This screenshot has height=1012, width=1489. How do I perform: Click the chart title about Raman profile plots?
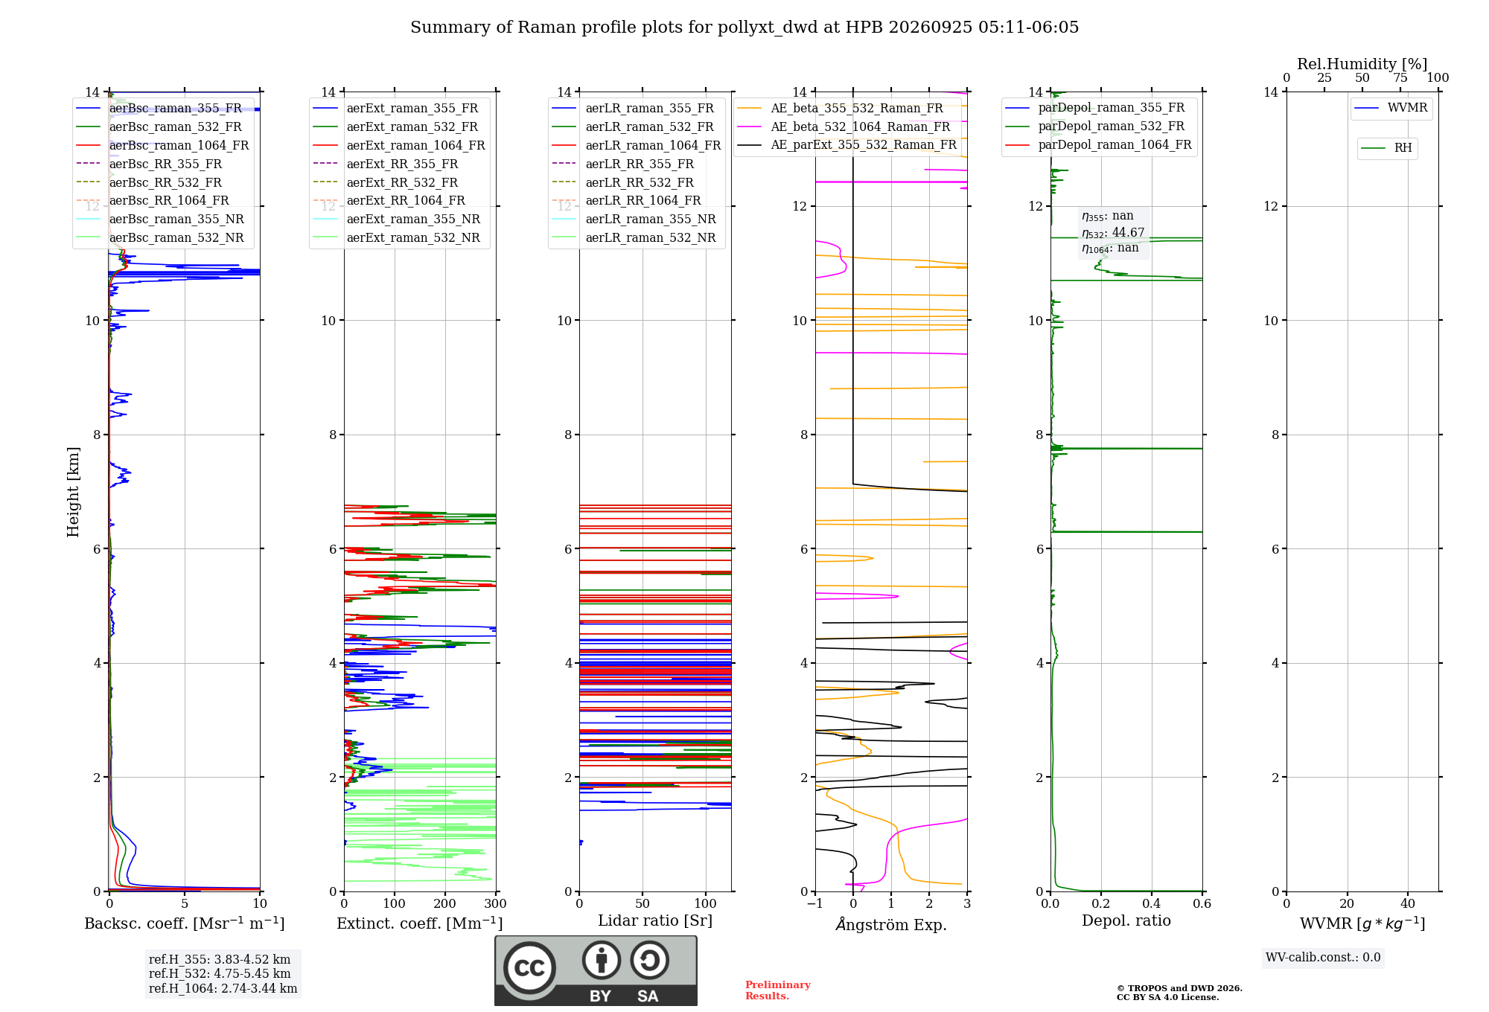pyautogui.click(x=744, y=28)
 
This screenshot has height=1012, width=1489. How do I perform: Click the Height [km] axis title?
pyautogui.click(x=73, y=492)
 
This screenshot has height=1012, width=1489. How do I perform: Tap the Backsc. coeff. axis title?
pyautogui.click(x=185, y=923)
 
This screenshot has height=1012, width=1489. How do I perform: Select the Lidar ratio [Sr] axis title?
pyautogui.click(x=655, y=921)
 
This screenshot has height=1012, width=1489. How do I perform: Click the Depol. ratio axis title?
pyautogui.click(x=1126, y=920)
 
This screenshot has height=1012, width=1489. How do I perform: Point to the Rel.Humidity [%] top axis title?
pyautogui.click(x=1362, y=64)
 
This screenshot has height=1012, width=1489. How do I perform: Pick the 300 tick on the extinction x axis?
pyautogui.click(x=496, y=903)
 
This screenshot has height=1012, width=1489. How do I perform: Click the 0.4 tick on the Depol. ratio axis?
pyautogui.click(x=1152, y=903)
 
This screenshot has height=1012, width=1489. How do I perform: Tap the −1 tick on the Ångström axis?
pyautogui.click(x=814, y=903)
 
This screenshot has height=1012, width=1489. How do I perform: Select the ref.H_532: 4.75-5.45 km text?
pyautogui.click(x=220, y=973)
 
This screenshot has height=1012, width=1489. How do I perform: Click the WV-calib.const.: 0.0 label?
pyautogui.click(x=1323, y=958)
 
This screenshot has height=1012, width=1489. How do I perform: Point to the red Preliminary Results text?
pyautogui.click(x=778, y=990)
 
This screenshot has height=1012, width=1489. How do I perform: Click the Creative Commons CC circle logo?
pyautogui.click(x=529, y=968)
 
